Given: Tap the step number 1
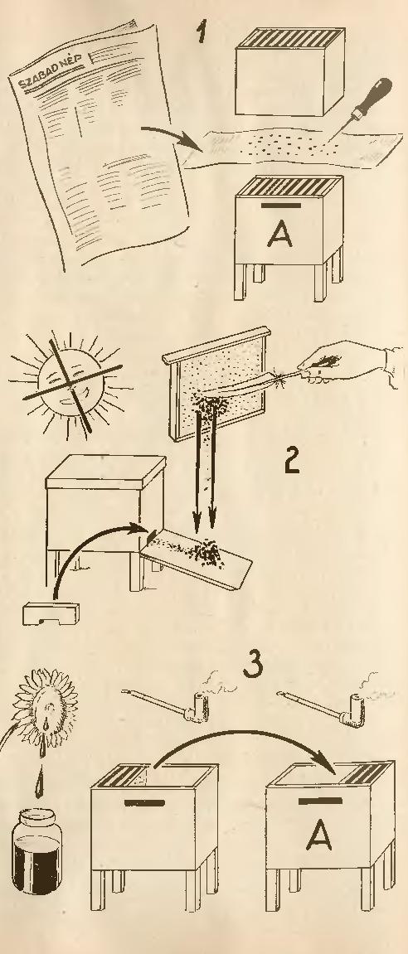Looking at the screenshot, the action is (202, 31).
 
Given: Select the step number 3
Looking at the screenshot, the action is (253, 663).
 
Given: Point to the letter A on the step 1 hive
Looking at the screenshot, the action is (279, 233).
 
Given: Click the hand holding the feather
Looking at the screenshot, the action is (344, 362).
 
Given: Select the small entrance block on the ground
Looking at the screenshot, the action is (51, 613).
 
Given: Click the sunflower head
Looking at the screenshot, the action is (45, 709).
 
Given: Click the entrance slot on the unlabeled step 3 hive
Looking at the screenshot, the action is (144, 802).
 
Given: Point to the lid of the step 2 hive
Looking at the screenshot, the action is (105, 471).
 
